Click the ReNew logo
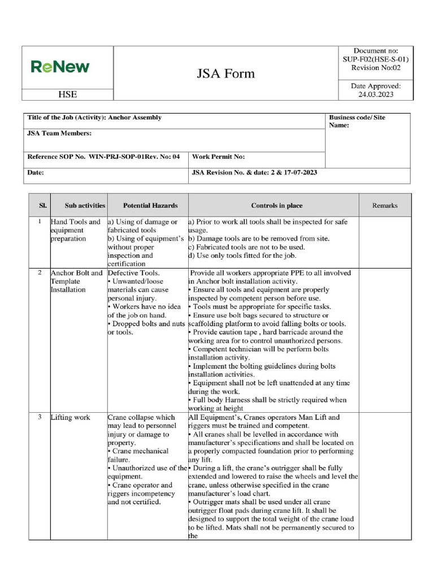pyautogui.click(x=60, y=67)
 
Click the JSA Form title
pyautogui.click(x=225, y=74)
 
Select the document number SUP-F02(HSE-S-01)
pyautogui.click(x=375, y=59)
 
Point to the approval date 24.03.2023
pyautogui.click(x=376, y=94)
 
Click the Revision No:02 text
pyautogui.click(x=375, y=67)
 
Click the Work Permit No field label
pyautogui.click(x=219, y=157)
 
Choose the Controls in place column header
pyautogui.click(x=274, y=206)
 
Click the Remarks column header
pyautogui.click(x=385, y=206)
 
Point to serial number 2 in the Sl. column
pyautogui.click(x=40, y=273)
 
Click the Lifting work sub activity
pyautogui.click(x=71, y=417)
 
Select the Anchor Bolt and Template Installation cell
pyautogui.click(x=76, y=281)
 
